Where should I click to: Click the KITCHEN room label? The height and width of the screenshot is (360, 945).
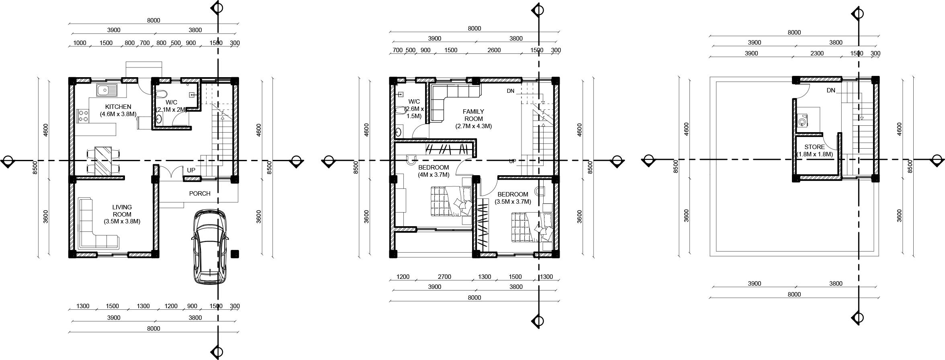click(118, 107)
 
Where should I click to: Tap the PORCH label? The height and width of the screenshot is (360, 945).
click(200, 194)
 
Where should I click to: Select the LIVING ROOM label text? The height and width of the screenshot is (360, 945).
click(122, 211)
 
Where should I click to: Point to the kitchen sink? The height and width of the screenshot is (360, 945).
click(106, 90)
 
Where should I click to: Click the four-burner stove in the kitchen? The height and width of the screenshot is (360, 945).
click(83, 116)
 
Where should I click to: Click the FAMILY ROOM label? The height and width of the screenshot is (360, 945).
click(473, 115)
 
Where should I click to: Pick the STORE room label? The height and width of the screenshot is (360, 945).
click(814, 147)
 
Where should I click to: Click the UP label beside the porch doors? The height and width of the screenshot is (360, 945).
click(191, 170)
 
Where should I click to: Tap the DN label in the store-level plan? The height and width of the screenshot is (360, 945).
click(831, 91)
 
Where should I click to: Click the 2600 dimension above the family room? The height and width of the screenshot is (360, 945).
click(494, 50)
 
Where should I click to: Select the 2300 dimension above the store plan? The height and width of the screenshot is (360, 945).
click(817, 53)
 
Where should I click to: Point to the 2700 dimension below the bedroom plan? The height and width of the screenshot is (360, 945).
click(444, 277)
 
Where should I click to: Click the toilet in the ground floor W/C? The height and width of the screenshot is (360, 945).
click(161, 95)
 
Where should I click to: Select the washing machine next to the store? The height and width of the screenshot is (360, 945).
click(803, 121)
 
